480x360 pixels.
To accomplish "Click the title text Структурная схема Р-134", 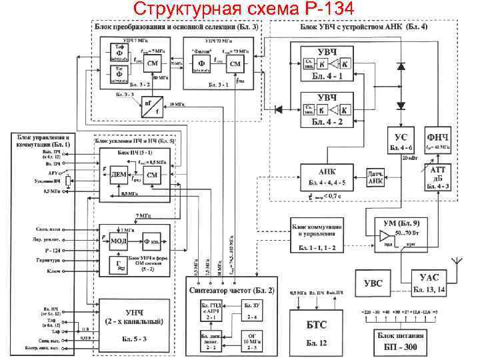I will pos(240,9).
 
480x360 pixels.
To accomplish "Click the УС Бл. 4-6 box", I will pos(401,140).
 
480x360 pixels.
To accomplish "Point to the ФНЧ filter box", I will pos(441,140).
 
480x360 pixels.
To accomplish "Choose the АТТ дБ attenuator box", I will pos(441,178).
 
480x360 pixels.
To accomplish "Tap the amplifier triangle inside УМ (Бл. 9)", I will pos(384,237).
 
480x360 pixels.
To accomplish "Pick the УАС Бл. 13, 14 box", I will pos(427,283).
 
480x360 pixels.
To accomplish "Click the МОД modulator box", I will pos(119,240).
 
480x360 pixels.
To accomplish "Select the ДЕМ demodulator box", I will pos(119,174).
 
